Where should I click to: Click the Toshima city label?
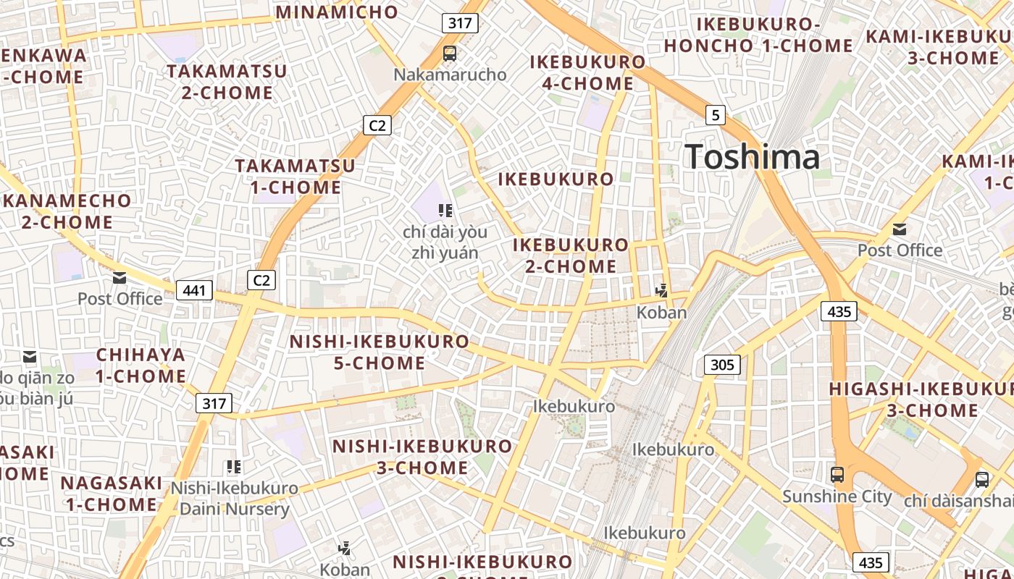(752, 157)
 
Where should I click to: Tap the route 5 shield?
(716, 114)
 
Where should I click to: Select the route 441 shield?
(194, 290)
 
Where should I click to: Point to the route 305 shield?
(722, 365)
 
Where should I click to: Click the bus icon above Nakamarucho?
(450, 53)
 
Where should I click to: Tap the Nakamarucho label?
(450, 75)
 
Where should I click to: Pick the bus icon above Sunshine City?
(837, 475)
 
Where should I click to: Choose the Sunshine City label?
(837, 496)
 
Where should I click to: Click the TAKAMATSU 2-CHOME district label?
(227, 82)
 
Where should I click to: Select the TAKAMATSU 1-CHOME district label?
(296, 177)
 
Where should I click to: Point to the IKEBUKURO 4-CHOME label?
(587, 72)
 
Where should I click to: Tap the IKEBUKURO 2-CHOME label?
(571, 255)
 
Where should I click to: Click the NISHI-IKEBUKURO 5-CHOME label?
(380, 352)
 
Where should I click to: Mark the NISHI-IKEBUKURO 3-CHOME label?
(422, 457)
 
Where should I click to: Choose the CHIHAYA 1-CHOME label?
(141, 365)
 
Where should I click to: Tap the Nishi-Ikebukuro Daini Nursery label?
(234, 498)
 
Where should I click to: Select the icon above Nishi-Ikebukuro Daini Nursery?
(233, 467)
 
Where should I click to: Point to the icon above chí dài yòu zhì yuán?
(445, 211)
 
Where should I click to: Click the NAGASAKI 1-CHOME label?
(112, 494)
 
